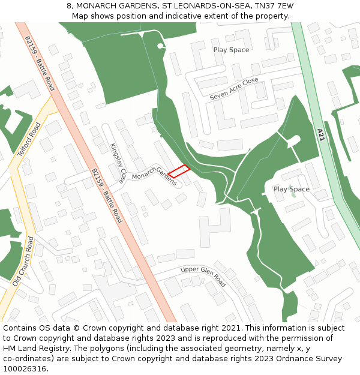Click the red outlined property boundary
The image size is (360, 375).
click(179, 172)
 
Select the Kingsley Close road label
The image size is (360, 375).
click(118, 163)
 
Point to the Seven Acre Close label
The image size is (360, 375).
click(234, 88)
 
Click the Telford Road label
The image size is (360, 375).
click(29, 140)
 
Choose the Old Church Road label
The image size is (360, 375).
click(23, 261)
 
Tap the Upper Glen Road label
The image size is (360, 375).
click(203, 276)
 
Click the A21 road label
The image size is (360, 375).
click(321, 134)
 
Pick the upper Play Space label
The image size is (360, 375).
click(231, 50)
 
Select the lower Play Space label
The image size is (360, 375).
click(291, 189)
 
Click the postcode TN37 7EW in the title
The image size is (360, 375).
click(274, 6)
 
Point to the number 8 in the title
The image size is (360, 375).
click(70, 6)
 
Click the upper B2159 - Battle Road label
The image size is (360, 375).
click(40, 63)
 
